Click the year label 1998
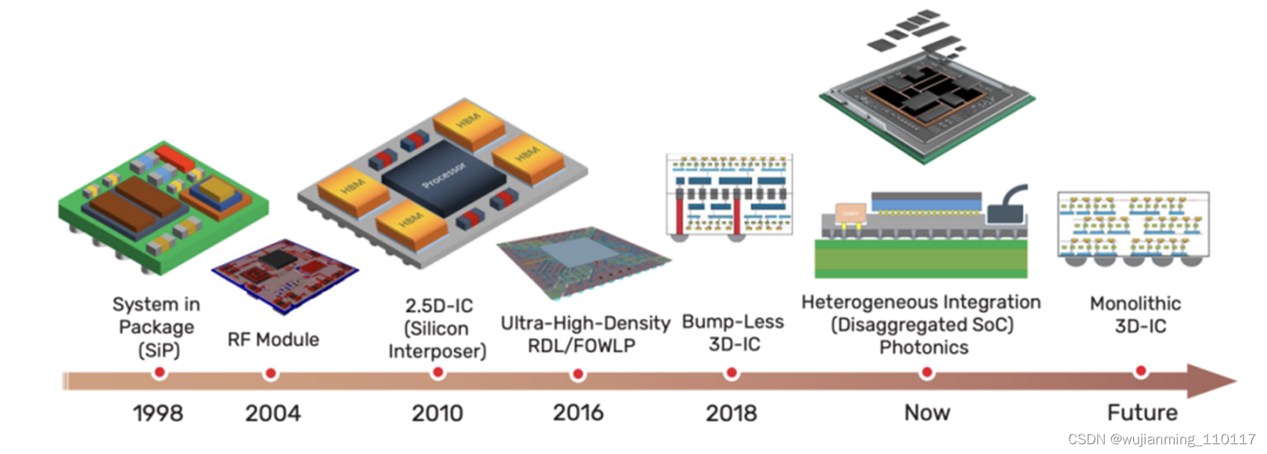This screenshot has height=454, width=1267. click(158, 413)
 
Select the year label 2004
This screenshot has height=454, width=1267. click(272, 413)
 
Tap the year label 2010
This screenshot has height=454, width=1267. click(437, 413)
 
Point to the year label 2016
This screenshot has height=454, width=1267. click(578, 412)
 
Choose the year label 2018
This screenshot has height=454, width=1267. click(731, 413)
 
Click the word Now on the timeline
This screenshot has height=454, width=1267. click(927, 412)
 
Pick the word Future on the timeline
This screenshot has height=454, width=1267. click(1142, 412)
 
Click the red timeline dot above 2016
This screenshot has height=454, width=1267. click(578, 374)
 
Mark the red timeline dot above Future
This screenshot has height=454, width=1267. click(1141, 371)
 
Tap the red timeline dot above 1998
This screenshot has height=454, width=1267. click(159, 372)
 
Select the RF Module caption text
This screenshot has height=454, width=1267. click(273, 340)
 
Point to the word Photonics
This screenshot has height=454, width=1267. click(924, 347)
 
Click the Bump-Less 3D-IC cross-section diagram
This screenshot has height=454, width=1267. click(729, 197)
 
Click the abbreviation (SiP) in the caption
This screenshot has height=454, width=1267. click(158, 350)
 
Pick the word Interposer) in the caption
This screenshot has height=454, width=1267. click(437, 351)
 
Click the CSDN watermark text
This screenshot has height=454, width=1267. click(1161, 439)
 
